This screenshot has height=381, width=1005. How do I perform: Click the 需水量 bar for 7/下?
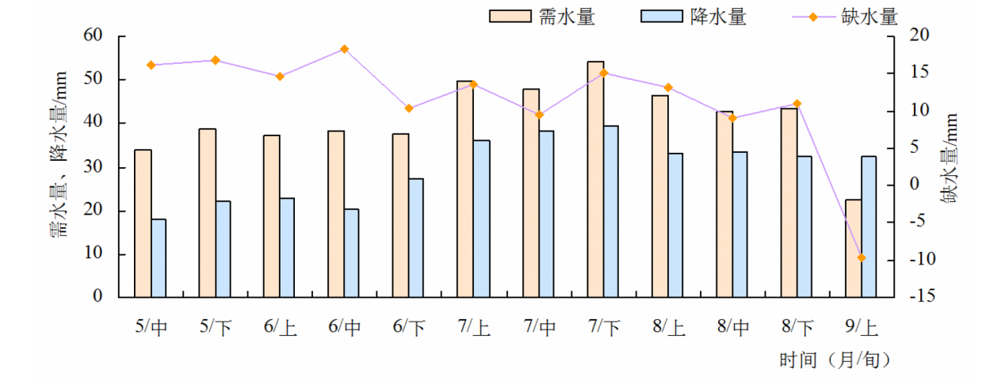click(x=595, y=179)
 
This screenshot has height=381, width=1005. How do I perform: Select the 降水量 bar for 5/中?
click(x=159, y=258)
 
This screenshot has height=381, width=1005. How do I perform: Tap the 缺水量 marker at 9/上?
click(x=862, y=257)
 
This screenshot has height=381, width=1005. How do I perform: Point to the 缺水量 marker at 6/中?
click(x=344, y=49)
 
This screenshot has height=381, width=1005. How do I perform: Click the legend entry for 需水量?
click(x=542, y=17)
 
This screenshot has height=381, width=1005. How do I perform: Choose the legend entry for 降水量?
click(x=694, y=17)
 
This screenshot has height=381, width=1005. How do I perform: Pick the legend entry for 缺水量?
click(x=845, y=17)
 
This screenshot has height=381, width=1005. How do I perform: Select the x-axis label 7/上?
click(x=473, y=327)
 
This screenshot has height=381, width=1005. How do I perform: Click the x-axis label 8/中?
click(x=732, y=327)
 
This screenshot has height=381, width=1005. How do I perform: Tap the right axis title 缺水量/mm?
click(x=950, y=158)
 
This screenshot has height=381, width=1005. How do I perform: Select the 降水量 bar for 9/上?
click(x=869, y=227)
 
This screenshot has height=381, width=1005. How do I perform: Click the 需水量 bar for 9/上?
click(x=853, y=248)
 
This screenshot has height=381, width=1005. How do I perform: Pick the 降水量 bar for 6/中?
click(x=351, y=253)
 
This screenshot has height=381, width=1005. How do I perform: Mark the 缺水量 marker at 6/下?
click(x=409, y=108)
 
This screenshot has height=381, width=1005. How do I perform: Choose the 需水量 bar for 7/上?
click(x=465, y=189)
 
